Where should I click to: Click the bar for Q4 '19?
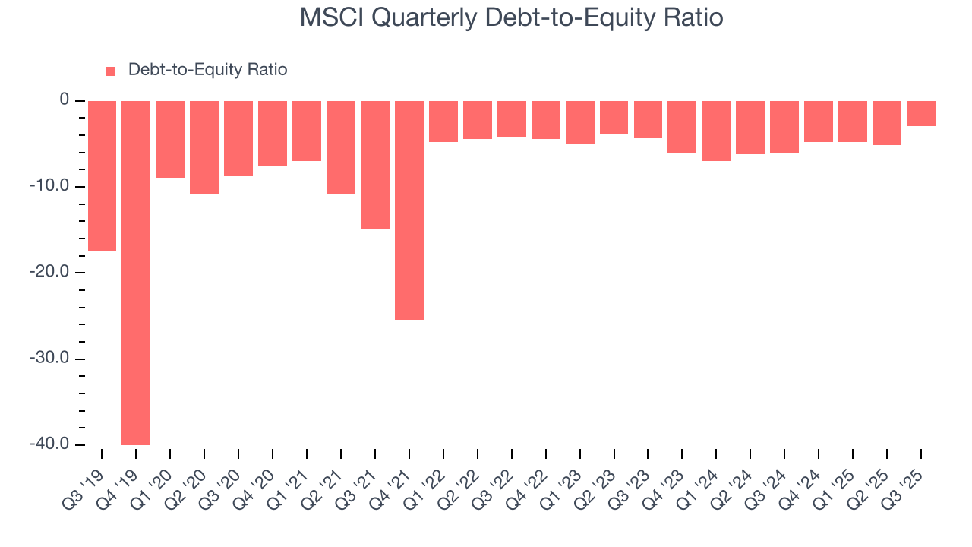(136, 273)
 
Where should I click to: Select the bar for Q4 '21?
(409, 210)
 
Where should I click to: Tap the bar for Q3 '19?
(102, 175)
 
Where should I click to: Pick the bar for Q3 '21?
(375, 165)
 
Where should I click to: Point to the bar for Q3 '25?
(921, 113)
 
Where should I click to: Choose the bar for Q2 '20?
(204, 147)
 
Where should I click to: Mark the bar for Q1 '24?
(716, 131)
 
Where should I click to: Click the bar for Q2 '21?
(341, 147)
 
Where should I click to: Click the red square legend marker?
(111, 71)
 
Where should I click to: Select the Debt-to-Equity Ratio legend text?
(207, 70)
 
